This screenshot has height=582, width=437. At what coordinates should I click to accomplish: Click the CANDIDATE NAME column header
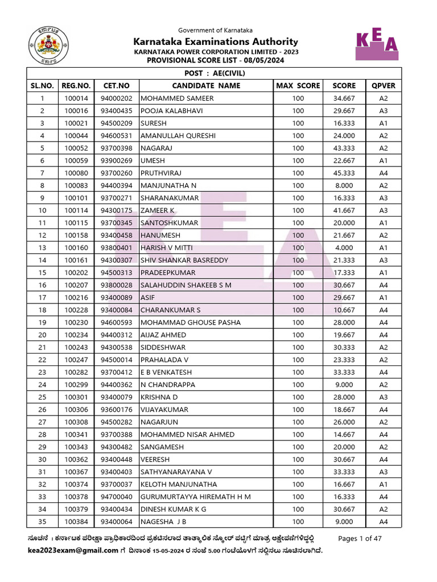pos(206,86)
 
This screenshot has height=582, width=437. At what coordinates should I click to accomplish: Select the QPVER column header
pos(383,86)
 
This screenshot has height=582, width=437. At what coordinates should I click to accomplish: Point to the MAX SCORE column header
pos(298,86)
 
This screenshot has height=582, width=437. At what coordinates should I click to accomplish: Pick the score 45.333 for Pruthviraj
pos(344,173)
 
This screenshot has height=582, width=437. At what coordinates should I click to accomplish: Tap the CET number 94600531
pos(116,136)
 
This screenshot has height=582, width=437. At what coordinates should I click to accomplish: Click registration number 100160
pos(76,248)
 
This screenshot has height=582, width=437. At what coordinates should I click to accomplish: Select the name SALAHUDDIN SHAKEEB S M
pos(185,285)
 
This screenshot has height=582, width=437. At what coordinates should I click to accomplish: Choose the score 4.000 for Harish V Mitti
pos(344,248)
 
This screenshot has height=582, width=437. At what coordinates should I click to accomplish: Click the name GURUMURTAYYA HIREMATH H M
pos(195,497)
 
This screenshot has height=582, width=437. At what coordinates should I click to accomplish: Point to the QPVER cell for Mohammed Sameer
pos(383,98)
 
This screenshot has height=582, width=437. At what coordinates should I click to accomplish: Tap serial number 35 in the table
pos(42,522)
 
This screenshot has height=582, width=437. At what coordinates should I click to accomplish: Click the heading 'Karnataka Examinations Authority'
pos(216,41)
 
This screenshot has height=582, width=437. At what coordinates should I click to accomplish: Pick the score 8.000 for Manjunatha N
pos(344,185)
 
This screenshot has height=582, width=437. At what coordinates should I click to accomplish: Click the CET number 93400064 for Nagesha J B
pos(116,522)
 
